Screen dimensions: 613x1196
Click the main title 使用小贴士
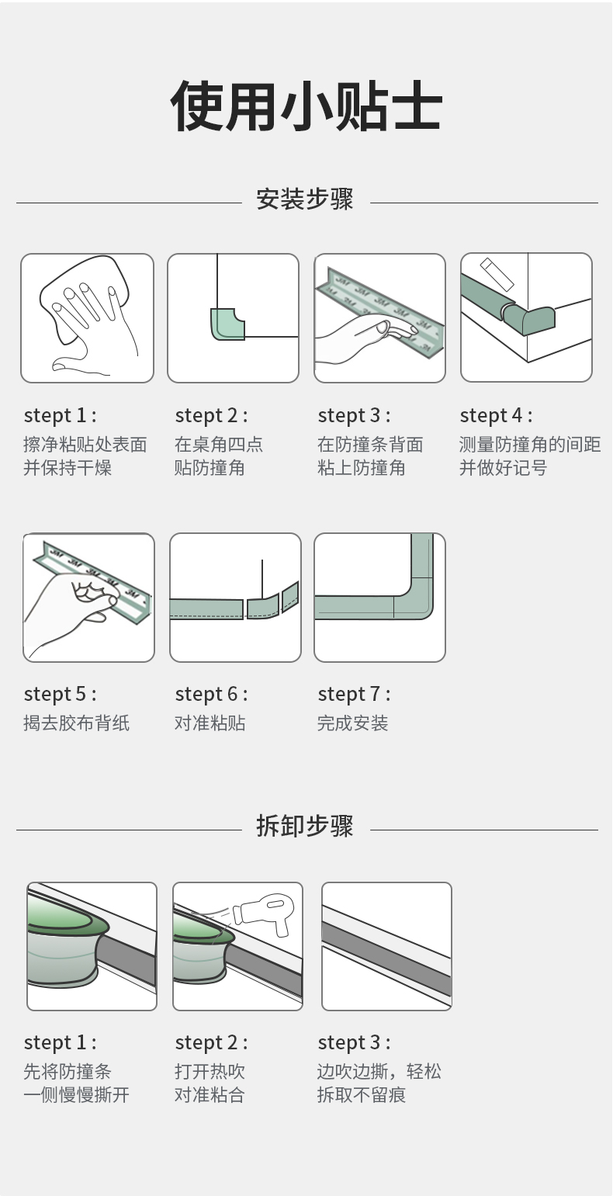(306, 106)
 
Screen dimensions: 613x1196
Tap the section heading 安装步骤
(305, 199)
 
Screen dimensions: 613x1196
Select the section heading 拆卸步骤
(305, 826)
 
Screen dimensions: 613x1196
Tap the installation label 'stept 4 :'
(496, 415)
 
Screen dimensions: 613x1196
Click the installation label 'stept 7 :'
(354, 694)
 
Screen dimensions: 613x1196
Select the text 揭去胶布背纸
(76, 723)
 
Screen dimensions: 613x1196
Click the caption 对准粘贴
(210, 723)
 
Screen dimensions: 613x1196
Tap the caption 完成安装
(352, 723)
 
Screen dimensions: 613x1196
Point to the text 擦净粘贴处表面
(85, 444)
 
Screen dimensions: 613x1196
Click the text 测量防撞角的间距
(530, 444)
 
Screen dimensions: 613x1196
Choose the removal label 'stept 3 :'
(354, 1042)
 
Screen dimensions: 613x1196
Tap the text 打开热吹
(210, 1071)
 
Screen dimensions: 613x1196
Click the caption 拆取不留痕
(362, 1094)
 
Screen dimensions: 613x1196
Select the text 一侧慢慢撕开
(76, 1094)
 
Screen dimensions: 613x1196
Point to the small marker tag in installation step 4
(497, 274)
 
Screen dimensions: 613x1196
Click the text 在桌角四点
(219, 444)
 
